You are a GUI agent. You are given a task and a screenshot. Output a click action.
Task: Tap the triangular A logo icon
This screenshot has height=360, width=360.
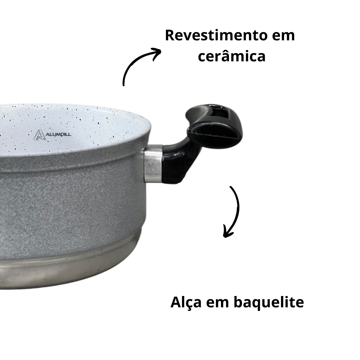pyautogui.click(x=38, y=135)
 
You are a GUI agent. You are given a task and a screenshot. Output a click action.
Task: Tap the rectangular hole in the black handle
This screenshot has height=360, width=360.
pyautogui.click(x=217, y=111)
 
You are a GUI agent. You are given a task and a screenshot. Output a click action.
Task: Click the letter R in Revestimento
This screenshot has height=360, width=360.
pyautogui.click(x=170, y=36)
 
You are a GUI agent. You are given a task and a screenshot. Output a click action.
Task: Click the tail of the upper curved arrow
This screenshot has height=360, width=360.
pyautogui.click(x=124, y=85)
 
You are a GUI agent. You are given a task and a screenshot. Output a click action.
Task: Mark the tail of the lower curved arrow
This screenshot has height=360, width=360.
pyautogui.click(x=230, y=187)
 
